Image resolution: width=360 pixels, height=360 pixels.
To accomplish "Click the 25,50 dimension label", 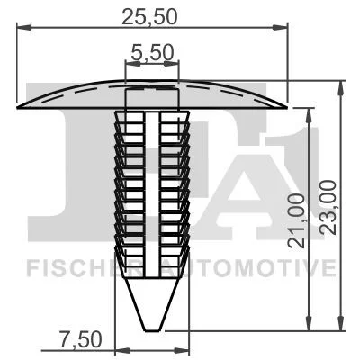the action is point(149,17).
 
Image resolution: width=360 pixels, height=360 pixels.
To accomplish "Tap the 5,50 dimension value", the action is point(152,52).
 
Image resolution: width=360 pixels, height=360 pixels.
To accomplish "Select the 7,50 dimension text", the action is point(80,339).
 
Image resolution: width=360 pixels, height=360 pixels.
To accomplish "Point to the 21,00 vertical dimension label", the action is point(296,220).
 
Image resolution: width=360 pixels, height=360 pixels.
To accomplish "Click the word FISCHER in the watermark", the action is point(76,267).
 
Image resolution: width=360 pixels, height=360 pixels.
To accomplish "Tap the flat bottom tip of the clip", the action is point(152,330).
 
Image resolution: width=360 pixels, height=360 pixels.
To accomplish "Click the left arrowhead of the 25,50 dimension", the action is point(24,28).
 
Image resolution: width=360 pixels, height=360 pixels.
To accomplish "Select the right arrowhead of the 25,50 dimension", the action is point(280,28).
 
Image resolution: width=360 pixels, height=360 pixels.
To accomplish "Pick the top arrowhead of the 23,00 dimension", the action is point(340,88).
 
